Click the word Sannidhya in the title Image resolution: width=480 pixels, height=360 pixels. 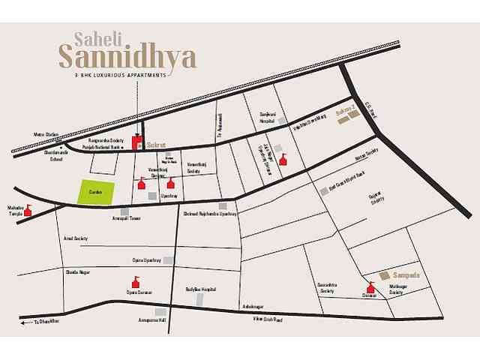click(x=127, y=55)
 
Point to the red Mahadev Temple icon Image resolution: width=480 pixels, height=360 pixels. click(x=28, y=211)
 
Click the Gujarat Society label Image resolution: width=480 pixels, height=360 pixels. click(x=376, y=198)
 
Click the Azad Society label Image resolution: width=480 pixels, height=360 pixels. click(x=76, y=237)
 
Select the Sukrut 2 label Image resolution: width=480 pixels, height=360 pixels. click(x=343, y=110)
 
